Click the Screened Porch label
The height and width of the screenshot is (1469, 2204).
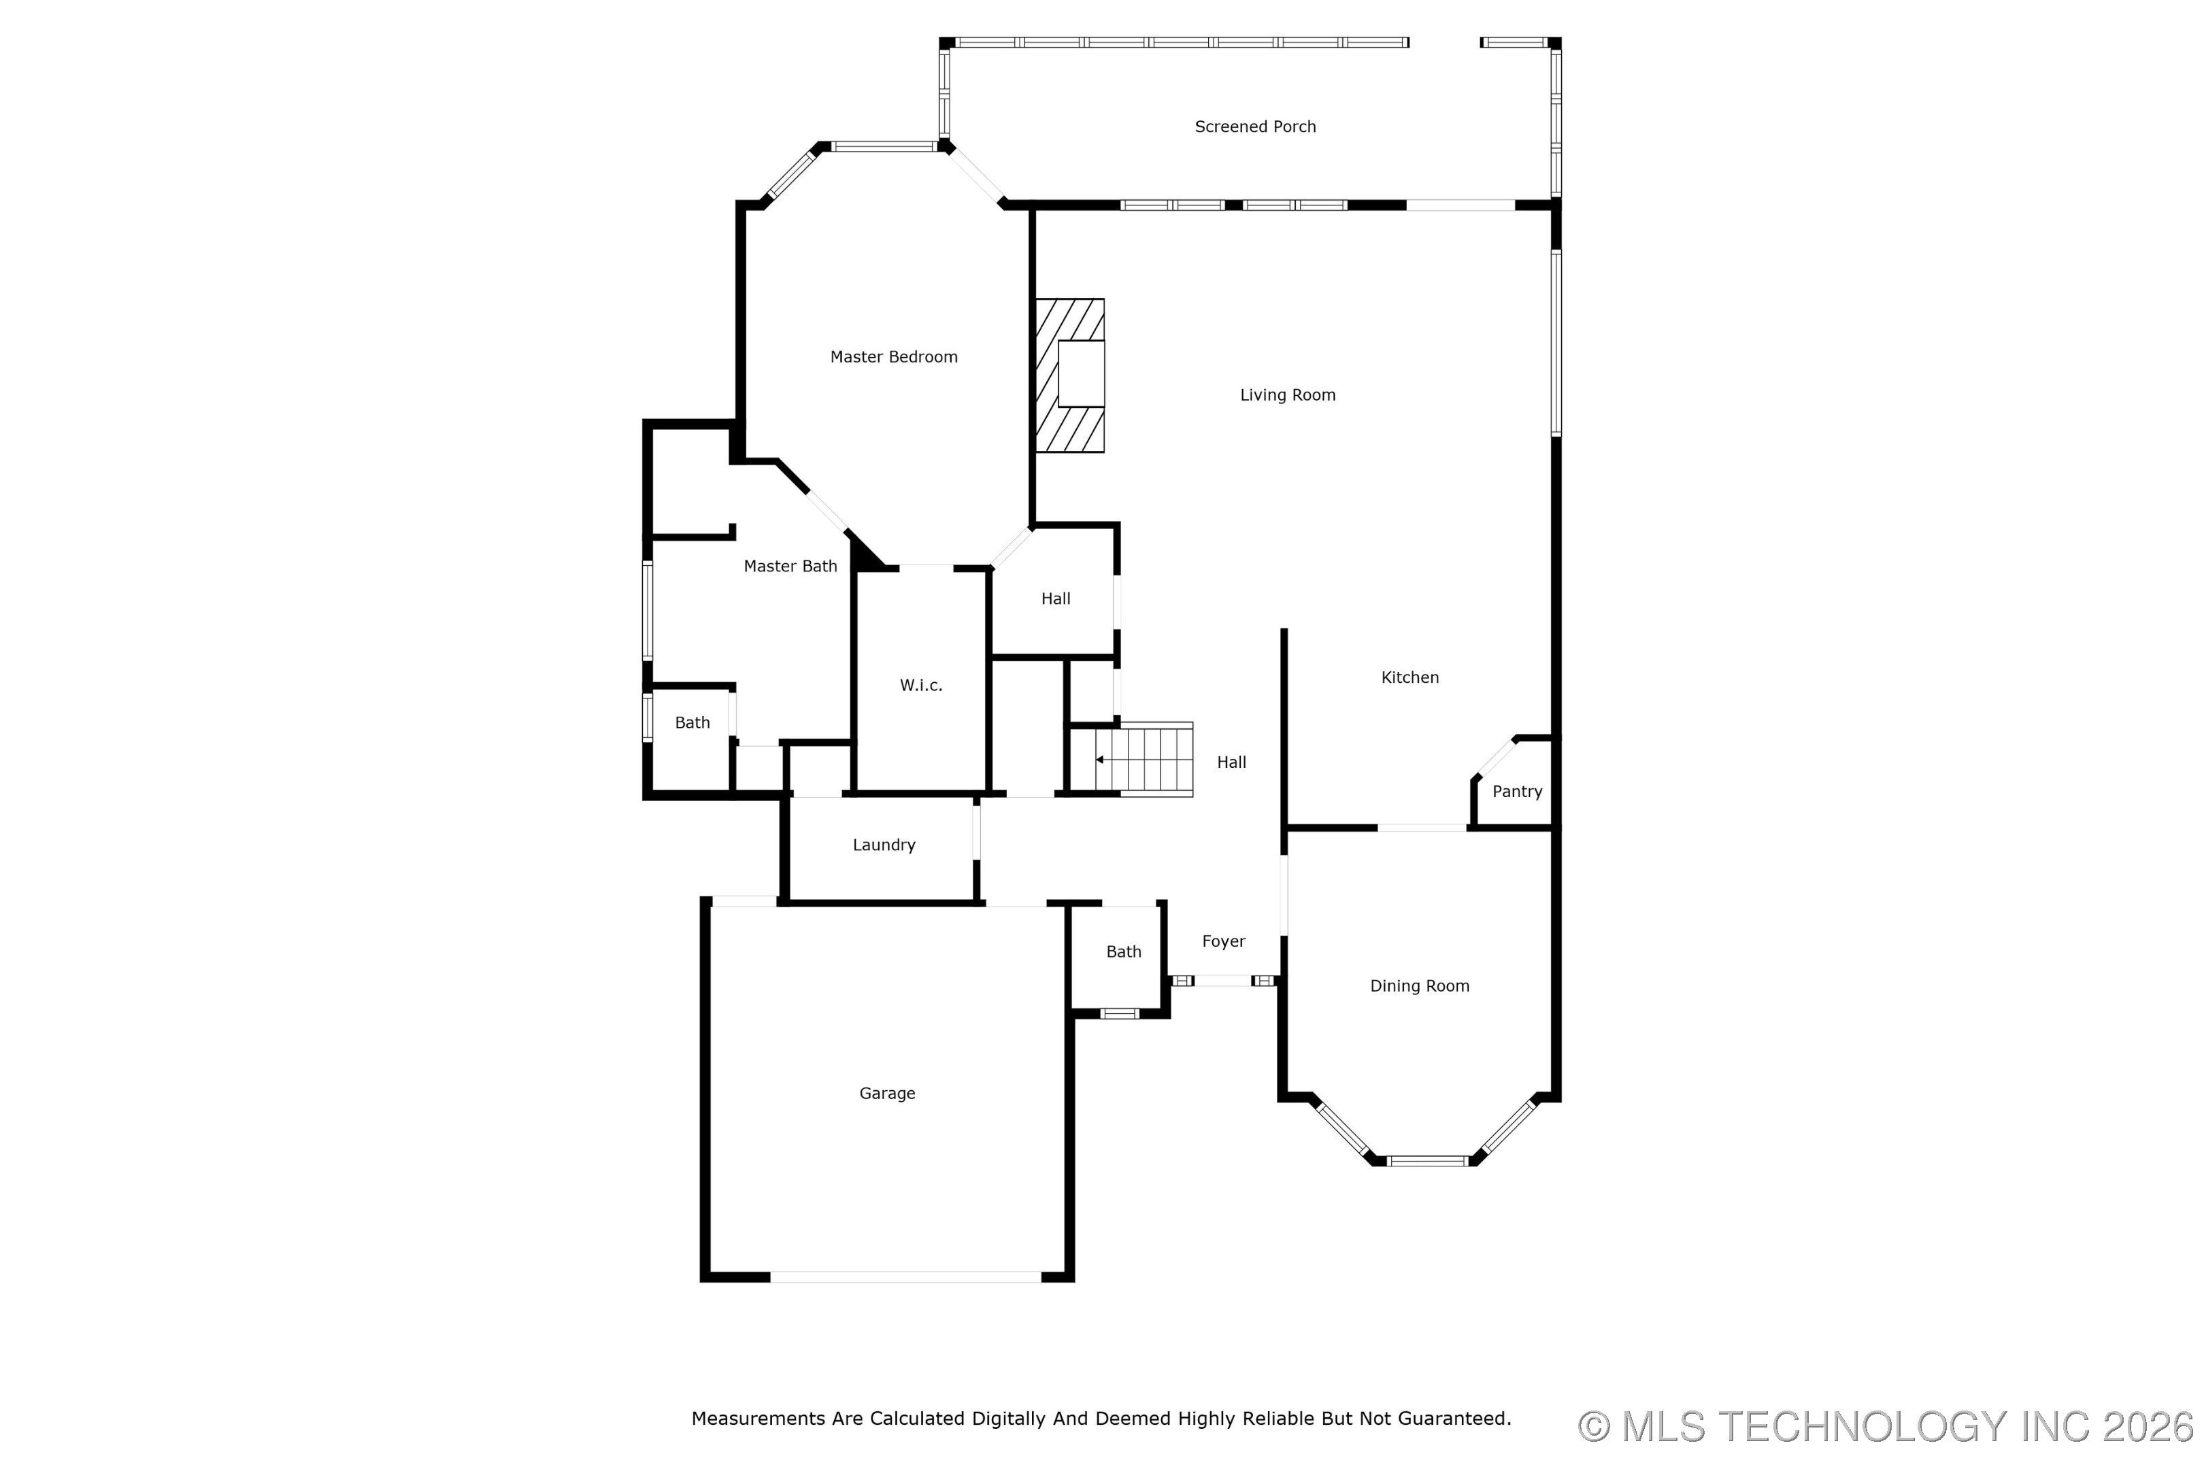point(1255,126)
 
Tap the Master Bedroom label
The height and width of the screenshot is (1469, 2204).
point(894,357)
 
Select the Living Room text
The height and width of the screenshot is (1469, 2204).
point(1288,395)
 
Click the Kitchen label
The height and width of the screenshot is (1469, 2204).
point(1409,677)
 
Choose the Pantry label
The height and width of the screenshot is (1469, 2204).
point(1517,792)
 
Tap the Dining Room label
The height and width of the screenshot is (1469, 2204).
point(1420,985)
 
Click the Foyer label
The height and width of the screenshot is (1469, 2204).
point(1224,941)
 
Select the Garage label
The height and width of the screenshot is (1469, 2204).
point(888,1094)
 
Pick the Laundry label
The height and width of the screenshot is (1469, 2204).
point(884,845)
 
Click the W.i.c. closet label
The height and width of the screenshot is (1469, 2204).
point(921,686)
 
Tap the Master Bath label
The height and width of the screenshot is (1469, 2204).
point(790,566)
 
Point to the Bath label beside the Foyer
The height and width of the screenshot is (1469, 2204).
point(1124,952)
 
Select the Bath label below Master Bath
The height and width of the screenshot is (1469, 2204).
point(692,723)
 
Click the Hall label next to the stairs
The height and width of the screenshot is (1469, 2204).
point(1231,762)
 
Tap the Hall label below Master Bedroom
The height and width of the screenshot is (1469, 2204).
point(1055,598)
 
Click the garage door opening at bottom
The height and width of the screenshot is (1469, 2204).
point(905,1277)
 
